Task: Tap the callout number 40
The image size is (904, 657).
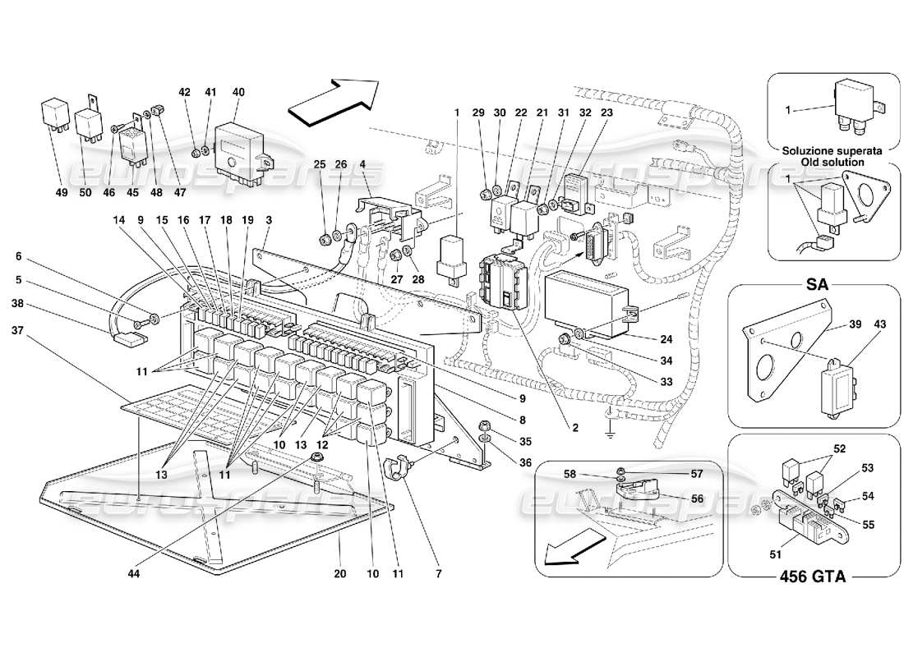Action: click(238, 93)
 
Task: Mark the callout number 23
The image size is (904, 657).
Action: click(607, 113)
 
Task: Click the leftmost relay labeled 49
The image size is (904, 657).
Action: click(55, 117)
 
